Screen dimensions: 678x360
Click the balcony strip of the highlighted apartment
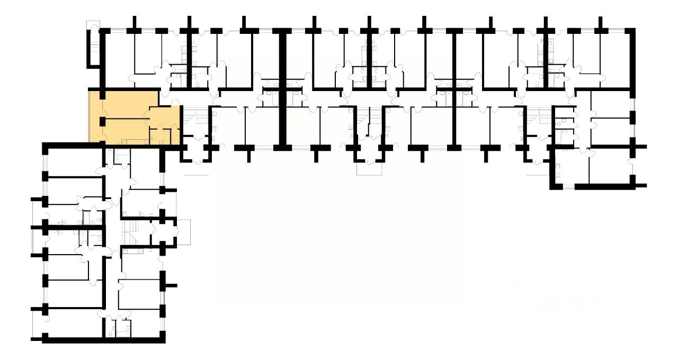(94, 116)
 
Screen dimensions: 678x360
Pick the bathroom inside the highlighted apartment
(158, 136)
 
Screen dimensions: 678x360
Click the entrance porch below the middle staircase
(369, 167)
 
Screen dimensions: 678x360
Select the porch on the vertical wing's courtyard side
(183, 231)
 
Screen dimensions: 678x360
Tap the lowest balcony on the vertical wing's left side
(37, 323)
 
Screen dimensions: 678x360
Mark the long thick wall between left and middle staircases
(282, 87)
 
